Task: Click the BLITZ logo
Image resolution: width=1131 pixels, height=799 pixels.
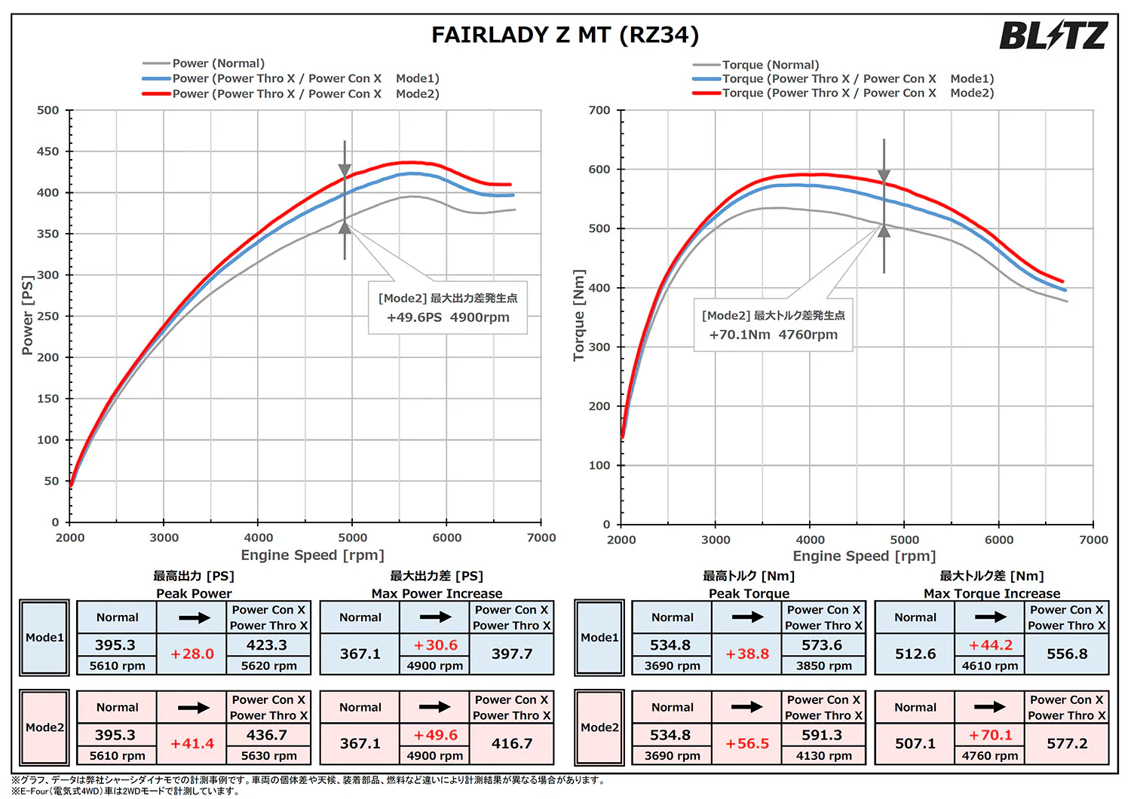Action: click(1054, 35)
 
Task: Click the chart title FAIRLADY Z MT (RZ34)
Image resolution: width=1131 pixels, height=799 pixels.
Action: click(565, 35)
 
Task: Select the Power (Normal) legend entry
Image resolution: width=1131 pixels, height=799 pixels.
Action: click(204, 63)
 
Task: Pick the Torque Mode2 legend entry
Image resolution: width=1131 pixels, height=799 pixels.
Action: click(843, 93)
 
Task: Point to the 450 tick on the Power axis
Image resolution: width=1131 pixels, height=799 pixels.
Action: click(48, 152)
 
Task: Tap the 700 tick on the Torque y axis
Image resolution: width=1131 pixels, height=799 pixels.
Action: click(599, 110)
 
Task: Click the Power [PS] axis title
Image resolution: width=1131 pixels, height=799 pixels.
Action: click(27, 315)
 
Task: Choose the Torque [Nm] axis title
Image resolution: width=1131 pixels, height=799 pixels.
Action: click(578, 315)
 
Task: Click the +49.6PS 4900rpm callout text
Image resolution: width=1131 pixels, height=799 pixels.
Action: click(448, 317)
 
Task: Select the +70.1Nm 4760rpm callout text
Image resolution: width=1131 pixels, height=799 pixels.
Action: click(773, 335)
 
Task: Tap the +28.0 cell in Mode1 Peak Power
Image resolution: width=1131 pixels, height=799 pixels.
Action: click(192, 654)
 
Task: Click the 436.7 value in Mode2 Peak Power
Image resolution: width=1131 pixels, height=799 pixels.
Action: click(267, 735)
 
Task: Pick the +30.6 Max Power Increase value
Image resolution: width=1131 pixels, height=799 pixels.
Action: click(435, 645)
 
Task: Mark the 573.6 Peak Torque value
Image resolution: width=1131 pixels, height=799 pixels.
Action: click(822, 645)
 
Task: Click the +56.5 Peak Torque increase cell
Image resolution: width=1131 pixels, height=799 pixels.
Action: click(747, 744)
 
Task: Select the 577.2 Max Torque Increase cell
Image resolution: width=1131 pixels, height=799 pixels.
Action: click(1067, 743)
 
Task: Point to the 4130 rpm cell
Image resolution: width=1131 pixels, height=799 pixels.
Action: click(824, 756)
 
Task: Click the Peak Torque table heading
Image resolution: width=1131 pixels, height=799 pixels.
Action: click(749, 593)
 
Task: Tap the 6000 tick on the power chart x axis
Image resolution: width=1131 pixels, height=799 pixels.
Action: click(447, 537)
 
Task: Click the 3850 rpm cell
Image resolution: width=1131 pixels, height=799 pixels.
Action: click(824, 666)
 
